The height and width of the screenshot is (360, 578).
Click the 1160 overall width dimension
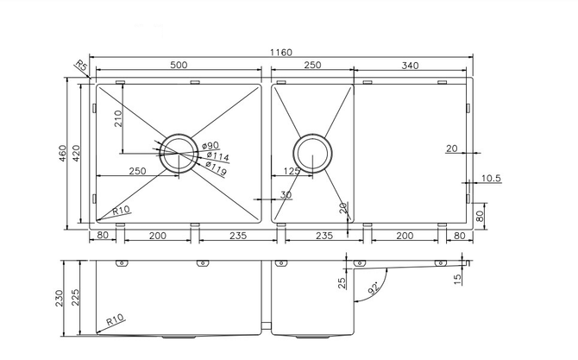[x=281, y=53]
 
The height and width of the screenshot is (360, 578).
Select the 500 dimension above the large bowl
[x=179, y=65]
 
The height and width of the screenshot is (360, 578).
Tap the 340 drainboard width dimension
[x=410, y=66]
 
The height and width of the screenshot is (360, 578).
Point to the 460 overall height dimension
[x=62, y=153]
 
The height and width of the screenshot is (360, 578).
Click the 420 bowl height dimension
[x=76, y=153]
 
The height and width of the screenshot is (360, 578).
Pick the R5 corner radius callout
[x=81, y=66]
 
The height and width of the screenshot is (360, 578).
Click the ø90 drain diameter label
[x=210, y=146]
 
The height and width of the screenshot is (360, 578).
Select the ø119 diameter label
[x=216, y=167]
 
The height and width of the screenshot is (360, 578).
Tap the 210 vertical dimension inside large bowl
[x=118, y=118]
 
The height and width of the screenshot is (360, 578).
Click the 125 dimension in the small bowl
[x=292, y=171]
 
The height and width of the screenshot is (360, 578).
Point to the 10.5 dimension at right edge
[x=491, y=178]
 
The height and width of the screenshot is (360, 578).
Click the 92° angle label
[x=374, y=287]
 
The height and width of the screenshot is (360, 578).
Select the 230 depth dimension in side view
[x=60, y=298]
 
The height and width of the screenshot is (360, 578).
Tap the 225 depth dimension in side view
[x=75, y=297]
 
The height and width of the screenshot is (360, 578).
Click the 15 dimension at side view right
[x=457, y=279]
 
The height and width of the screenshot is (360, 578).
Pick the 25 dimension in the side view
[x=342, y=283]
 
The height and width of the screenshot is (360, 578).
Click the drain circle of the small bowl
[x=312, y=153]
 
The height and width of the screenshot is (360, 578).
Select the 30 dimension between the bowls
[x=286, y=194]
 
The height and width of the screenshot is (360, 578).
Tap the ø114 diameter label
[x=217, y=156]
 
